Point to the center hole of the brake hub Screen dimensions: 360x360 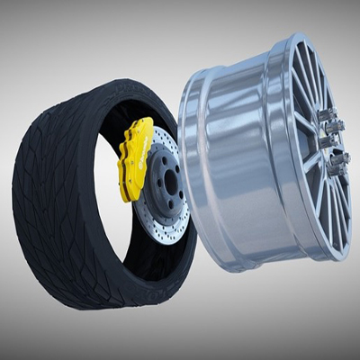tap(170, 180)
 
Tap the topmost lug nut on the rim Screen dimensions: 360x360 tap(328, 114)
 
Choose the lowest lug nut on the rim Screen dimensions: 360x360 tap(339, 163)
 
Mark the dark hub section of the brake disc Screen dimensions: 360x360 tap(167, 180)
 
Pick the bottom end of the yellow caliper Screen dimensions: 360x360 tap(127, 196)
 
